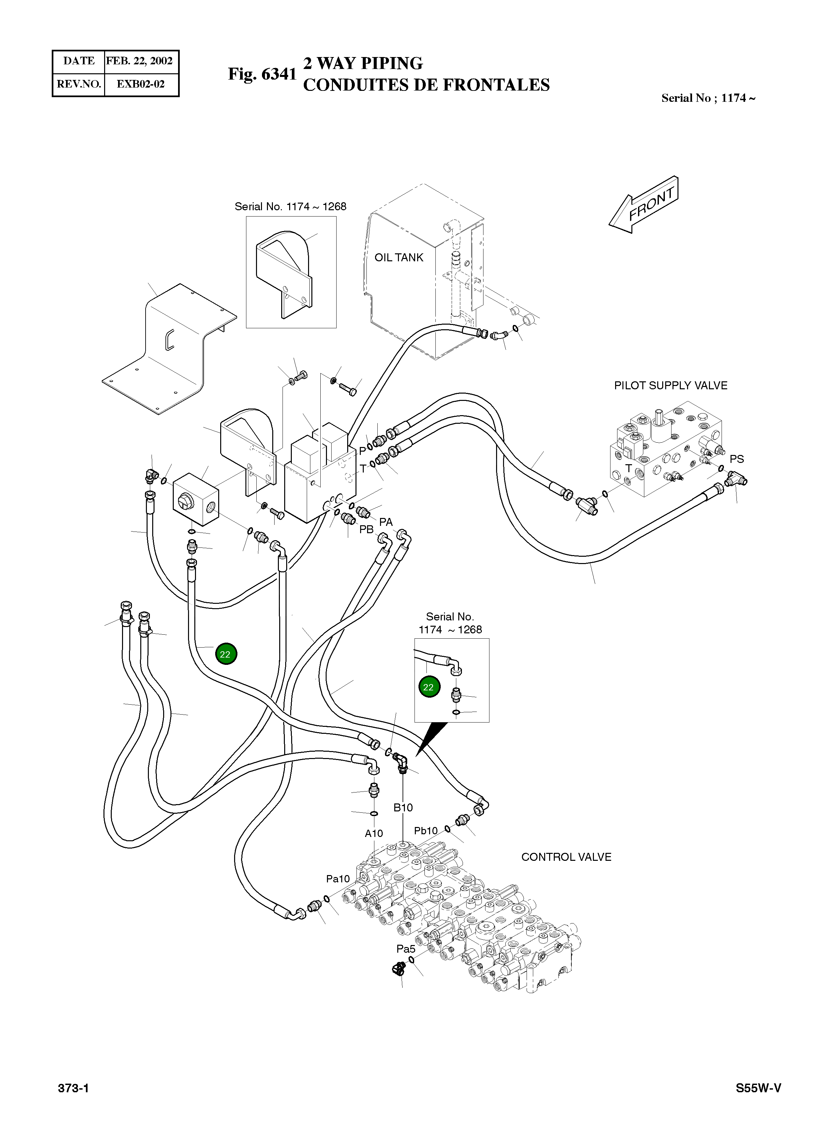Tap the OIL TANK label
coord(399,257)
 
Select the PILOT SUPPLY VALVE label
coord(671,385)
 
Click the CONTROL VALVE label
coord(566,857)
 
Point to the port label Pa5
coord(406,949)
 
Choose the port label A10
coord(374,833)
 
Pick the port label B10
coord(403,808)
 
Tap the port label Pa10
coord(338,879)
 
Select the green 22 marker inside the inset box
coord(428,687)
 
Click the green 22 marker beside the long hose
coord(225,654)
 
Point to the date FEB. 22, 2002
coord(140,61)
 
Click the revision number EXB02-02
coord(141,84)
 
